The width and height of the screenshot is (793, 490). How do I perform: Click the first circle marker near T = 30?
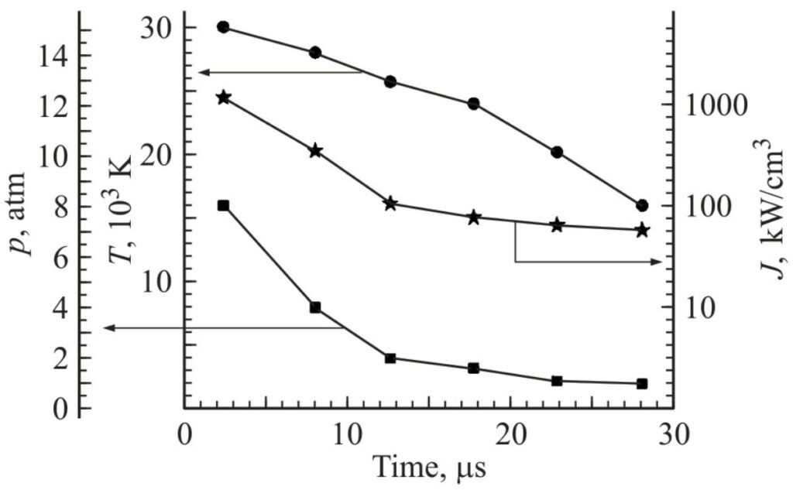223,27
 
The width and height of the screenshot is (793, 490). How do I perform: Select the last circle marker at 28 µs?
641,206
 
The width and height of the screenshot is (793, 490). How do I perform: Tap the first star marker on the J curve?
223,98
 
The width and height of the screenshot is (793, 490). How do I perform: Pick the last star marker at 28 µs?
641,230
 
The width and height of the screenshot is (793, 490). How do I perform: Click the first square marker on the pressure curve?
223,205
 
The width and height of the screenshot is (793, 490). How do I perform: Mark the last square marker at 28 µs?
641,384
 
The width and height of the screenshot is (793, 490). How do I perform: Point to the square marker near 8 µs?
315,307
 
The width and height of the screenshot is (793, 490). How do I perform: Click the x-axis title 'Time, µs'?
430,468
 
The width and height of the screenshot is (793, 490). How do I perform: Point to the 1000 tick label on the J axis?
717,105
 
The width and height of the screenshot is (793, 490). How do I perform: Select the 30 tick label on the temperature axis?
157,28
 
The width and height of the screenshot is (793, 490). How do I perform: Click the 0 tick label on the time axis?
184,434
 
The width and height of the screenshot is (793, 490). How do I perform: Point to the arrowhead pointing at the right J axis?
656,262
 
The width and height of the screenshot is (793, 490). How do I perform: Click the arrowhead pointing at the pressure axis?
108,328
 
